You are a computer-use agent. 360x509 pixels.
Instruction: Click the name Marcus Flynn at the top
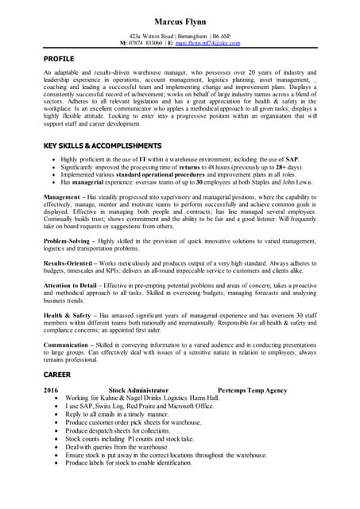pyautogui.click(x=180, y=21)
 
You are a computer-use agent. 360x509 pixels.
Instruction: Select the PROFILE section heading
pyautogui.click(x=58, y=59)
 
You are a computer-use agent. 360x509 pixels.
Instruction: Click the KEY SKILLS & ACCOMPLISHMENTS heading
pyautogui.click(x=103, y=146)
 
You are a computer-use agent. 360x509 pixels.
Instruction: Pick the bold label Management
pyautogui.click(x=62, y=196)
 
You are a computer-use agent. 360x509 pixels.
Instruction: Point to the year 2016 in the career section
pyautogui.click(x=51, y=390)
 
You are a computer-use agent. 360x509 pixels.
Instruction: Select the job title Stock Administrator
pyautogui.click(x=138, y=390)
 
